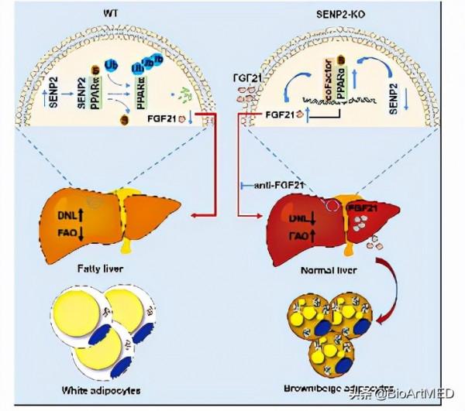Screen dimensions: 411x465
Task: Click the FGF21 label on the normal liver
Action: point(363,208)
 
